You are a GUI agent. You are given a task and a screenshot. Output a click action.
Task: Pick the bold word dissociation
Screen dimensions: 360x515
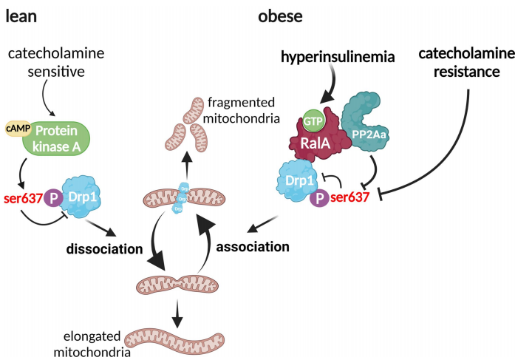click(103, 248)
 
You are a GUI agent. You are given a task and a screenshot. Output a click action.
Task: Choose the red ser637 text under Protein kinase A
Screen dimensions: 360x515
click(23, 198)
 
